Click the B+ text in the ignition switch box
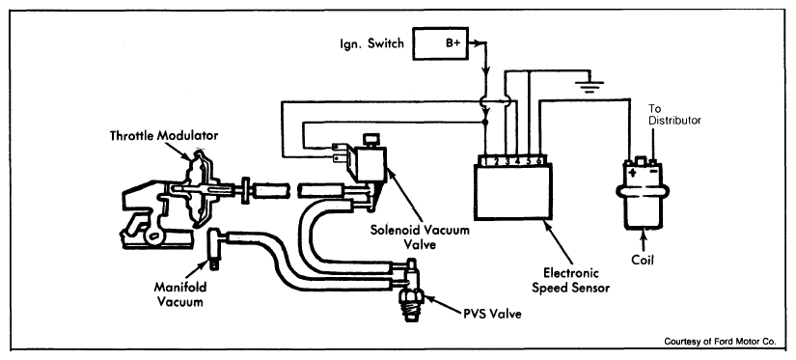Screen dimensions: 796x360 [453, 43]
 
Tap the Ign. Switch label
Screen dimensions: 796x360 [372, 43]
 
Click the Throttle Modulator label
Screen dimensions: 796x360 [164, 135]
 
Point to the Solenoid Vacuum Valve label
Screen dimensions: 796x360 [420, 236]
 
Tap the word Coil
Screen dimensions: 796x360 [643, 261]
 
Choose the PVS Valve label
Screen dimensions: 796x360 [492, 314]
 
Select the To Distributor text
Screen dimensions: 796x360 [675, 115]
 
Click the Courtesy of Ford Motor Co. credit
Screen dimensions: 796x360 [720, 342]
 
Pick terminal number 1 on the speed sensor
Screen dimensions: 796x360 [486, 161]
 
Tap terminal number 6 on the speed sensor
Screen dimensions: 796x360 [539, 161]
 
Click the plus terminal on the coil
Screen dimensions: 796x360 [633, 172]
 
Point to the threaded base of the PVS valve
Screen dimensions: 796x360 [412, 308]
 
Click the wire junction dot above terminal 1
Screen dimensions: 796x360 [486, 123]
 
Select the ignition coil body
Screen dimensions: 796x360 [643, 199]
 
